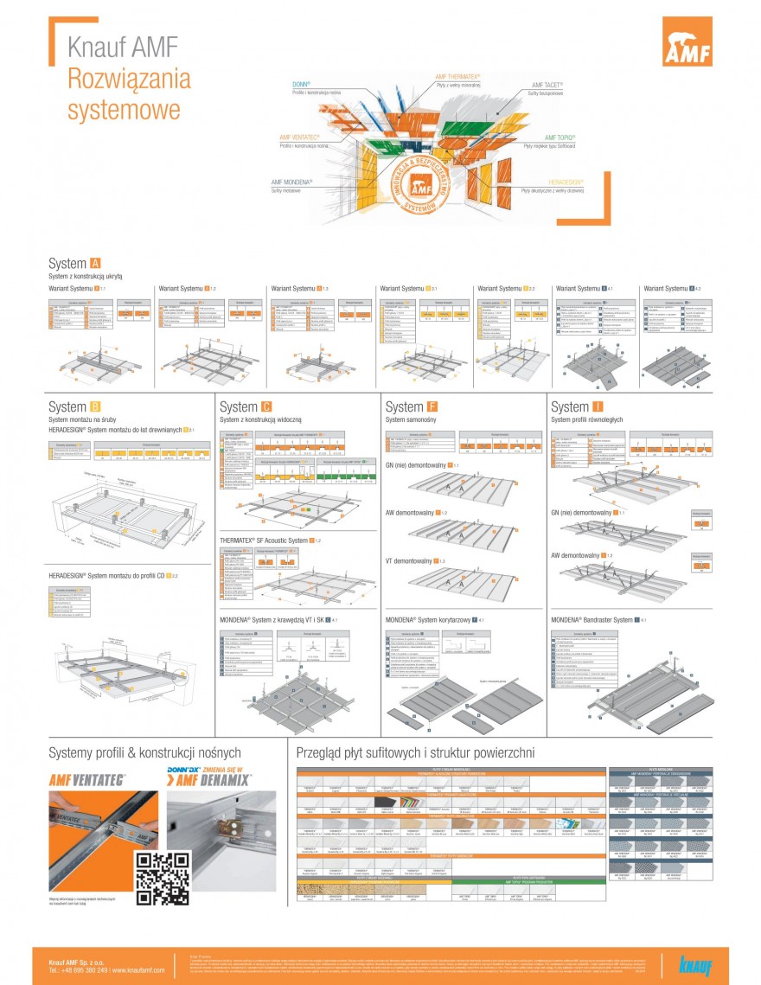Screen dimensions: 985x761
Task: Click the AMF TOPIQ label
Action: tap(560, 138)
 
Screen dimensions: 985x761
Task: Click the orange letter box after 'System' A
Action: tap(95, 263)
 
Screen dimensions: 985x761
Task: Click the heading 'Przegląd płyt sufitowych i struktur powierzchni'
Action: tap(415, 753)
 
